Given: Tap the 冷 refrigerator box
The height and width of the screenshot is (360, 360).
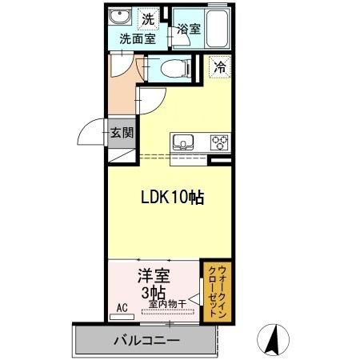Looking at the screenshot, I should coord(219,68).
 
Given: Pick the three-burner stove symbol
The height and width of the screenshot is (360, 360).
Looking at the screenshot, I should coord(218,143).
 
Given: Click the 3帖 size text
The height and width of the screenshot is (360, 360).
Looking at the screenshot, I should coord(153,293).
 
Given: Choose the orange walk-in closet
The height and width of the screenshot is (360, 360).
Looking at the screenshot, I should coord(214,291).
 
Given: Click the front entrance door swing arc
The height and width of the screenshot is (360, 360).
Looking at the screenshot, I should coord(92,132).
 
